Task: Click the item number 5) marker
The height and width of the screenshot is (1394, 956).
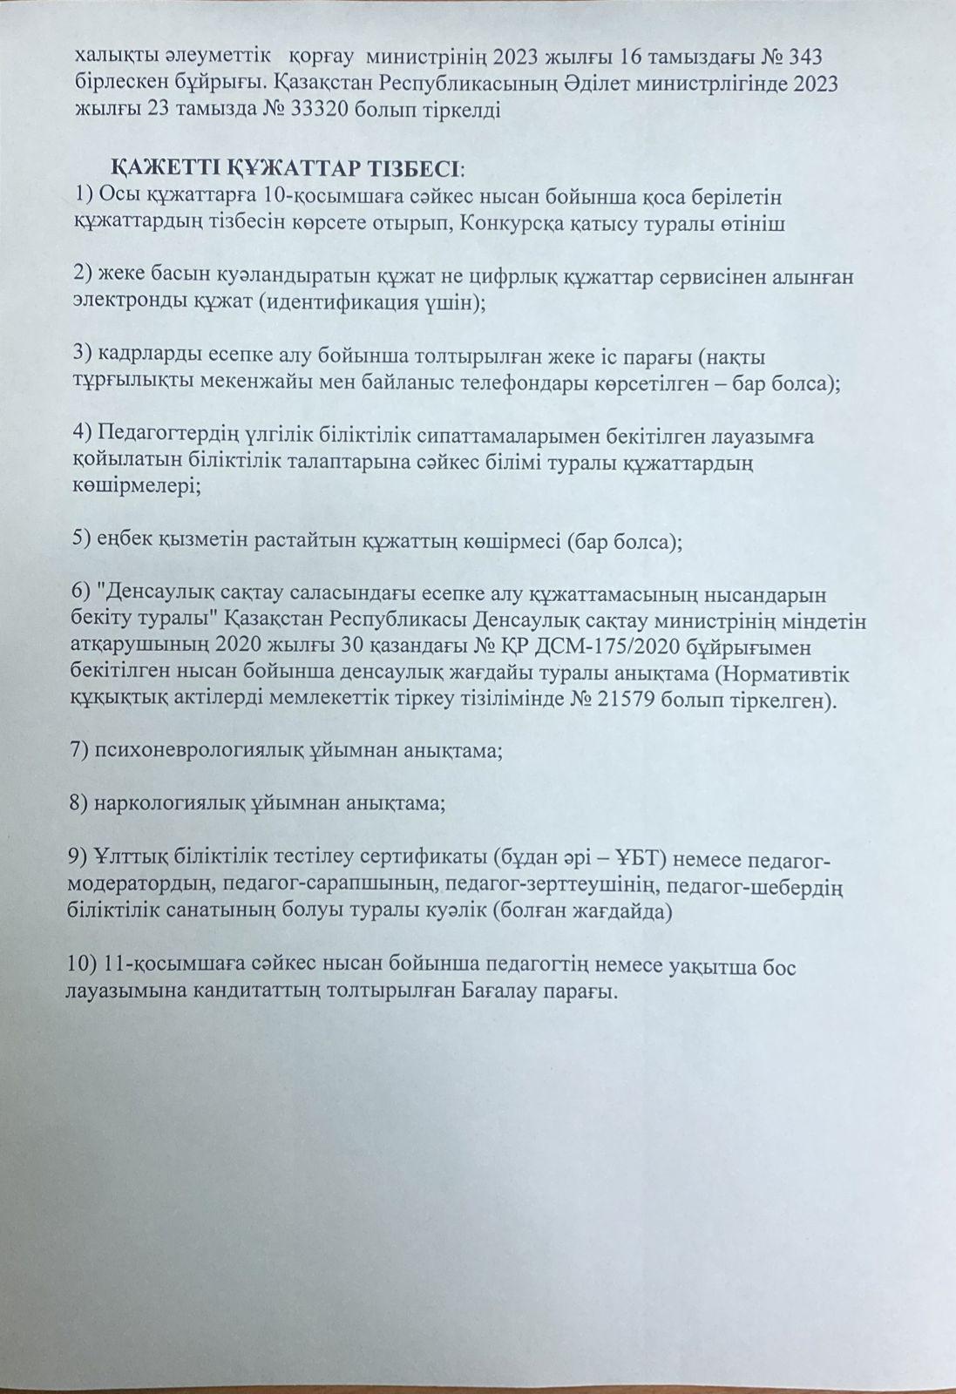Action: pos(83,540)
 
